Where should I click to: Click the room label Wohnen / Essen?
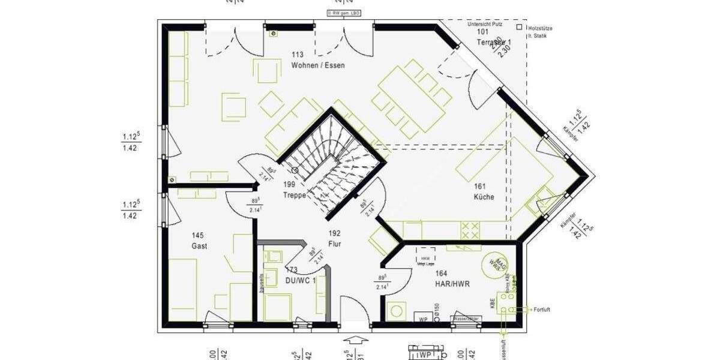click(317, 65)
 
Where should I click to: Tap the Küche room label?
click(484, 197)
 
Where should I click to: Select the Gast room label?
click(199, 246)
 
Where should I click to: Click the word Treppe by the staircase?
click(295, 195)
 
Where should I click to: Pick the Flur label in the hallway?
click(334, 243)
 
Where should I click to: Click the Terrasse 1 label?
click(493, 42)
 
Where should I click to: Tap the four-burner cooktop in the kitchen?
click(470, 230)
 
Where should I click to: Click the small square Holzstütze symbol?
click(519, 27)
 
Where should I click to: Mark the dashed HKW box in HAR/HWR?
click(425, 254)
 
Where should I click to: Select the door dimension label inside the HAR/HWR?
click(382, 283)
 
